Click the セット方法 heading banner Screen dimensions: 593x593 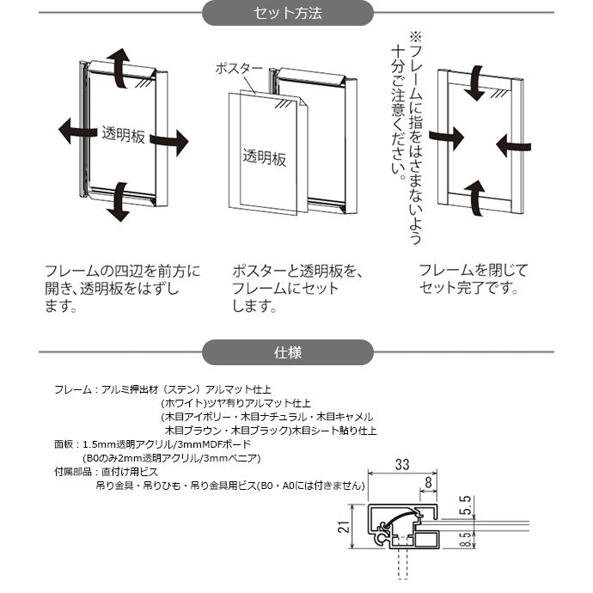pyautogui.click(x=288, y=14)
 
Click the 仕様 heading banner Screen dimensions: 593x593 pyautogui.click(x=288, y=352)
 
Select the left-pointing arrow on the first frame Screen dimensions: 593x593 pyautogui.click(x=74, y=131)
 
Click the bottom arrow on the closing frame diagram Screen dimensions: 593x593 pyautogui.click(x=475, y=193)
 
